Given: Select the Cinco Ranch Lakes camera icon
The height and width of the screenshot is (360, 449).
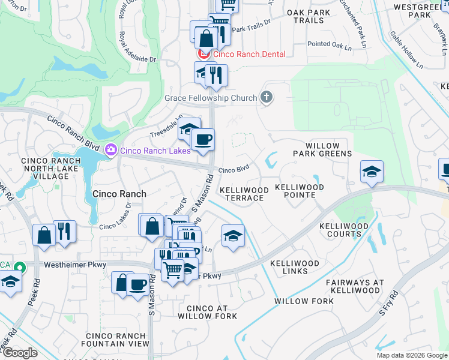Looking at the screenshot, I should click(110, 149).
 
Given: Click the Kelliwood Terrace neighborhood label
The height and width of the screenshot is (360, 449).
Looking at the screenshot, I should click(244, 194).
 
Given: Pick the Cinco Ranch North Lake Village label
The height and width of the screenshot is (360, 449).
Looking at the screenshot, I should click(50, 169).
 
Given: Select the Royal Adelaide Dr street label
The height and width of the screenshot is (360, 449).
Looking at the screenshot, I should click(137, 47).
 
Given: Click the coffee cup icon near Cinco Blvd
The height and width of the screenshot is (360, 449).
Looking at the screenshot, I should click(203, 139).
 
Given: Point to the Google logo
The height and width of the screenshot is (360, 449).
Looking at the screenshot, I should click(20, 353).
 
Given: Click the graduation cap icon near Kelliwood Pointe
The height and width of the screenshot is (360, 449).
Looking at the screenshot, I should click(372, 172).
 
